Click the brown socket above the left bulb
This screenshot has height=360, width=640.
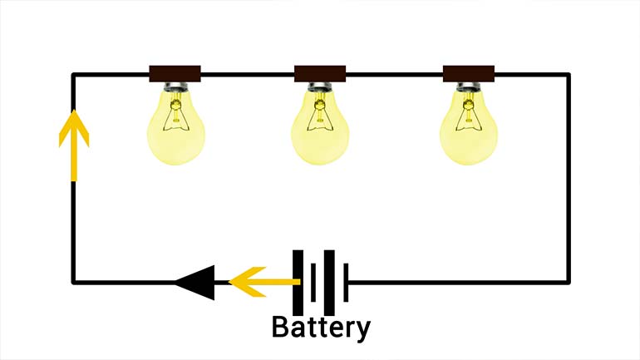pos(175,73)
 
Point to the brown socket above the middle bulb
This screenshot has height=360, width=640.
pos(320,73)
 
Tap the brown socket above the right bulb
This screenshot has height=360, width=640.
pos(468,73)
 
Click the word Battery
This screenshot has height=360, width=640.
pos(321,327)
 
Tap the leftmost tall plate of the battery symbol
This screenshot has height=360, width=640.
pos(298,283)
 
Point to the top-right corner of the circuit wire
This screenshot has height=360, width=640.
pos(569,76)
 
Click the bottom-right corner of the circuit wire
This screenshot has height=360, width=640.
pos(569,283)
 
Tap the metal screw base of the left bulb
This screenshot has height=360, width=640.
pos(175,87)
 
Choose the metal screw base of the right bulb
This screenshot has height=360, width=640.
pos(468,87)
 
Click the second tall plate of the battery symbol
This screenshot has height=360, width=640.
pos(329,283)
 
